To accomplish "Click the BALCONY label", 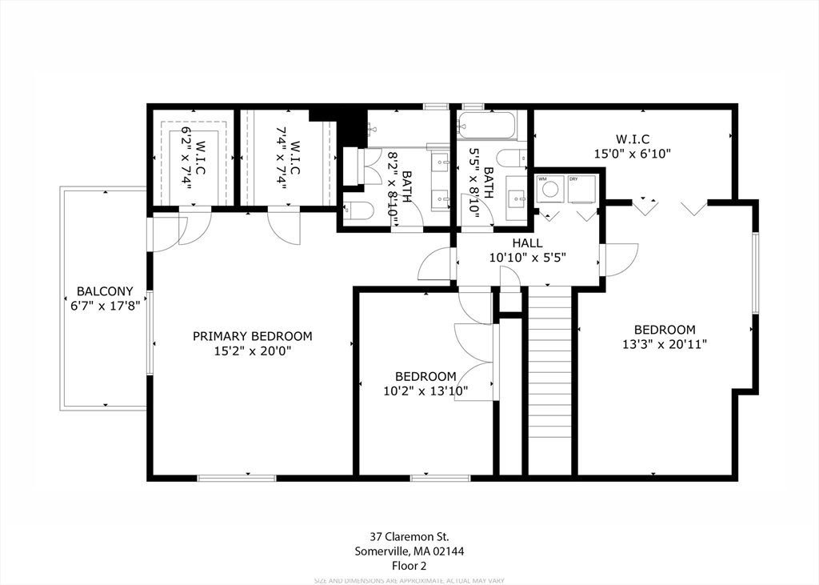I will click(x=105, y=291).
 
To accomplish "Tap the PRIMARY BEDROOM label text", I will click(x=253, y=336).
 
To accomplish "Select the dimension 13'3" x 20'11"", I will click(x=665, y=344).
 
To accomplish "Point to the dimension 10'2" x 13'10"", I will click(x=425, y=391).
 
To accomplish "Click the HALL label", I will click(x=527, y=243).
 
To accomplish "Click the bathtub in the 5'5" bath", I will click(x=487, y=126).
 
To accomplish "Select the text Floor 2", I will click(x=409, y=565).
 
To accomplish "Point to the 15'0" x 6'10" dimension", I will click(x=632, y=153).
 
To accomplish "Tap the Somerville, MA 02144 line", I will click(x=409, y=551).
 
